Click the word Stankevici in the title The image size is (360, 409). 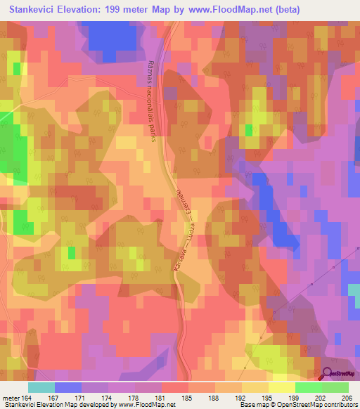point(32,9)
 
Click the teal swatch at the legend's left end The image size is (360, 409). point(41,387)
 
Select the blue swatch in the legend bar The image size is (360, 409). point(68,387)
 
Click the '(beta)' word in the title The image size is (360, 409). point(288,9)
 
